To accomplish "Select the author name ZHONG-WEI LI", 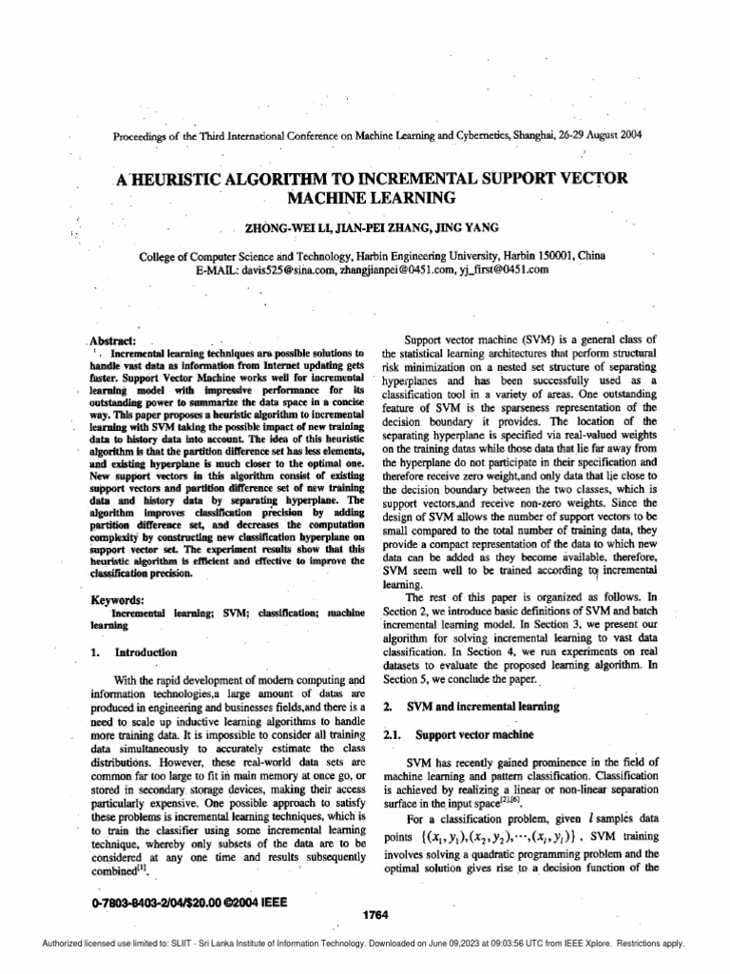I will pyautogui.click(x=281, y=228).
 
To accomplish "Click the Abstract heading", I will pyautogui.click(x=114, y=341).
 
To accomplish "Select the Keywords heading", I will pyautogui.click(x=118, y=600).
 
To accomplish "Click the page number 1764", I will pyautogui.click(x=376, y=915).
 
